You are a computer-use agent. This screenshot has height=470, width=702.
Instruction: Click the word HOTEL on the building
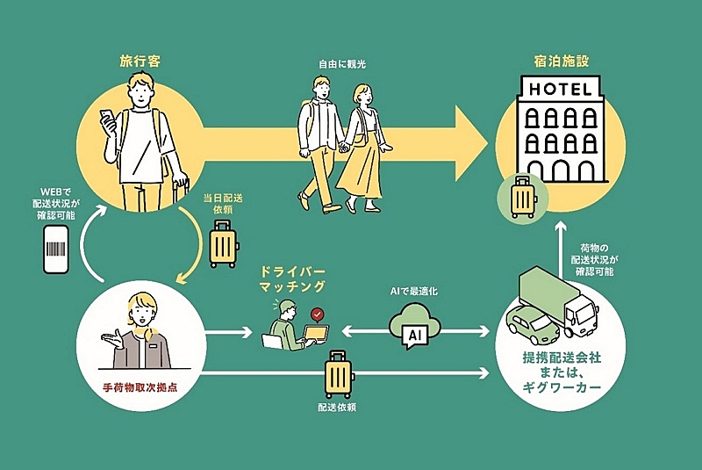pos(561,88)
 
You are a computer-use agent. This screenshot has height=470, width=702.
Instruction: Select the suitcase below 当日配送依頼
pos(223,244)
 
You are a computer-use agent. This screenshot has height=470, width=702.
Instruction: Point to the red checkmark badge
pos(316,314)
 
